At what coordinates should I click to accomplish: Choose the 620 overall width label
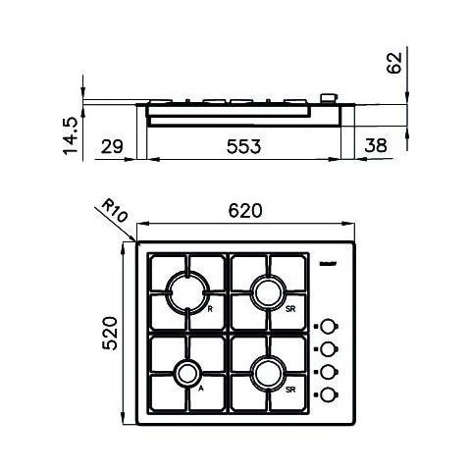[x=245, y=211]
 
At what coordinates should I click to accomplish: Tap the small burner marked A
[x=185, y=373]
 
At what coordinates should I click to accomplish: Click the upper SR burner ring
[x=267, y=291]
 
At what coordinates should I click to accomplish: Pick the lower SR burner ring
[x=267, y=373]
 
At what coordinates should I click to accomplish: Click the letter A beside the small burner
[x=200, y=389]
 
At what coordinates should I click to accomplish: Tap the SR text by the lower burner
[x=291, y=390]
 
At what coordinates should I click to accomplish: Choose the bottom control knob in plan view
[x=331, y=394]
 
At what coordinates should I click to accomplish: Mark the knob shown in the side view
[x=328, y=97]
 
